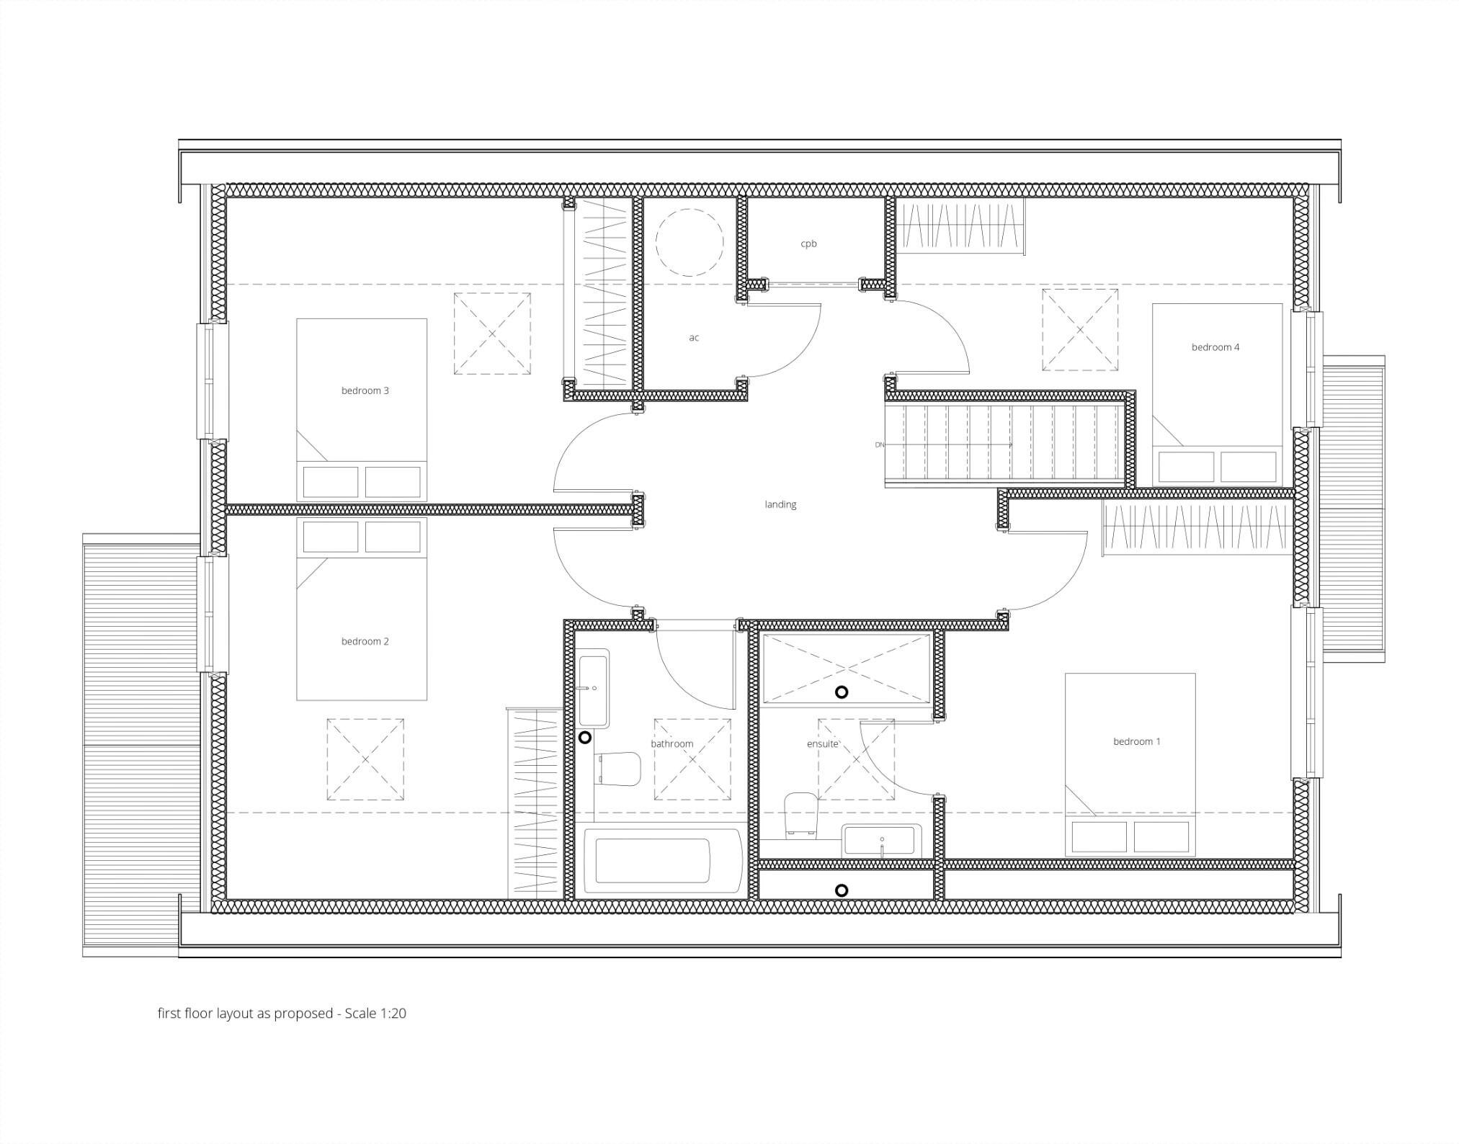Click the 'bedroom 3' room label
click(365, 390)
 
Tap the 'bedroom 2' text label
click(365, 641)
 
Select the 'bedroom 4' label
click(1215, 347)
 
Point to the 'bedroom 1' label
click(1136, 741)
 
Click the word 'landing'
click(780, 504)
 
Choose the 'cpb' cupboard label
click(808, 243)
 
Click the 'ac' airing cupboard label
click(693, 337)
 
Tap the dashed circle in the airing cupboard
click(689, 242)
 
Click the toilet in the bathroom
click(617, 769)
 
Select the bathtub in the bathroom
click(662, 861)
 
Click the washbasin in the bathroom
click(594, 688)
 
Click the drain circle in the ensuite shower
click(841, 692)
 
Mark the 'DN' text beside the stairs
click(879, 445)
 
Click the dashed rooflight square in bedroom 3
click(492, 334)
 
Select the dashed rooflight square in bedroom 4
click(1080, 330)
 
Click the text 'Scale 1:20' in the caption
click(375, 1013)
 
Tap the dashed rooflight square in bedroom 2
click(365, 759)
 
